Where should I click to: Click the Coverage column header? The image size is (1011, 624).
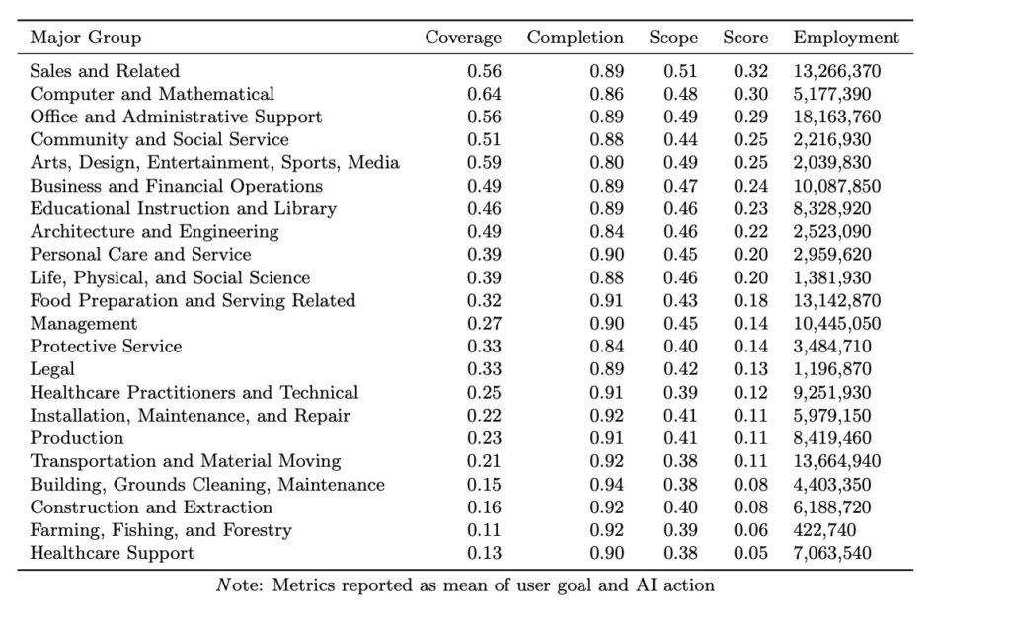463,39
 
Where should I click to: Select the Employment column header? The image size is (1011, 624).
846,39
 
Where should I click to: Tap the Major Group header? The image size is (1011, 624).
86,39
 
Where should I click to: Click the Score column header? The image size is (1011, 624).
745,39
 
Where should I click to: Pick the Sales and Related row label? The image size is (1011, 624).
105,71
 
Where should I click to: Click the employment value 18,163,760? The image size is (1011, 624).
837,117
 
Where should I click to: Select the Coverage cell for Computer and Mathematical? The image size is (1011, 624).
484,94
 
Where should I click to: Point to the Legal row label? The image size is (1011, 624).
53,369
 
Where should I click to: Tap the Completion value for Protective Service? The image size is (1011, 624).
607,347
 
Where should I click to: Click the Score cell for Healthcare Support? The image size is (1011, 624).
750,553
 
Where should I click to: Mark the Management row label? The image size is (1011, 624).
84,324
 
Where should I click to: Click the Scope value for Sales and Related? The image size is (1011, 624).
680,71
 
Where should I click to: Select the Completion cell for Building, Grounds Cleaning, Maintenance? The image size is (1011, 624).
607,485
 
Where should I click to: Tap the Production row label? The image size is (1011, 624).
77,438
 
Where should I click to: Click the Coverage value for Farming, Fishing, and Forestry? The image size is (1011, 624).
484,530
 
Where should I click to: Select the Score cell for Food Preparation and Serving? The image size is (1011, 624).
750,300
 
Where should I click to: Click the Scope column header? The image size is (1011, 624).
673,39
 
